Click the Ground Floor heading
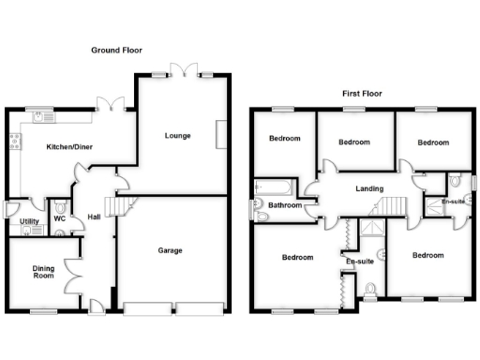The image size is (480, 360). (x=117, y=50)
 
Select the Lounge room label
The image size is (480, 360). (x=177, y=136)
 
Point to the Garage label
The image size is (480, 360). (x=170, y=250)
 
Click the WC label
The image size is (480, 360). (x=59, y=218)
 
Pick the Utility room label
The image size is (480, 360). (x=29, y=222)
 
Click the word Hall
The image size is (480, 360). (x=95, y=217)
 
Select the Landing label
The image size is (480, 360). (x=368, y=189)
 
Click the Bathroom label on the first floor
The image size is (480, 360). (x=285, y=205)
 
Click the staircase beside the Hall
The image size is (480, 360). (x=115, y=207)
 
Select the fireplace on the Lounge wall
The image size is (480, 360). (x=220, y=135)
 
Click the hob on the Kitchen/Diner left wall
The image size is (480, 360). (x=14, y=143)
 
